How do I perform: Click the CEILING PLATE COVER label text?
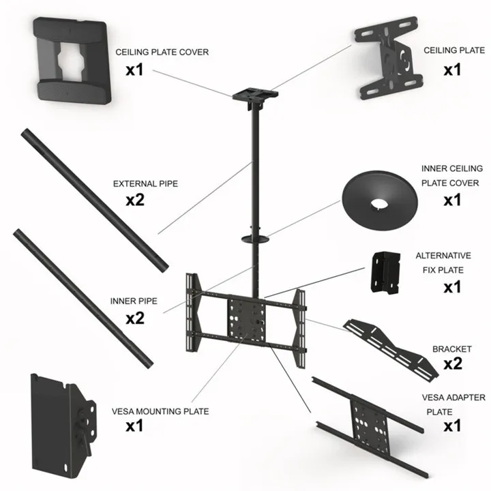pos(162,52)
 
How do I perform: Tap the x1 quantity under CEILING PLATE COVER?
pos(134,70)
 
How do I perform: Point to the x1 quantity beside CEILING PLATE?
pos(452,70)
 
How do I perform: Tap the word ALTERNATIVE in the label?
pos(443,256)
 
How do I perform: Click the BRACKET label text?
pos(451,348)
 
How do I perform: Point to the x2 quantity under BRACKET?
pos(453,363)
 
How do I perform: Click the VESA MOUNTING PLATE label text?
pos(160,411)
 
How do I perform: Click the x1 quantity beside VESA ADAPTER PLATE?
pos(452,427)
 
